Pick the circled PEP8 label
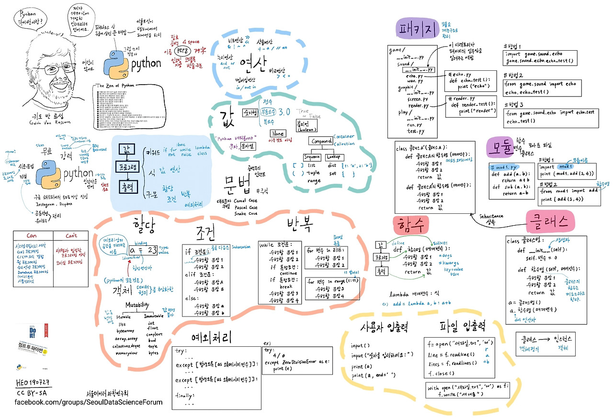click(x=182, y=50)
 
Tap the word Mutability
click(x=137, y=305)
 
